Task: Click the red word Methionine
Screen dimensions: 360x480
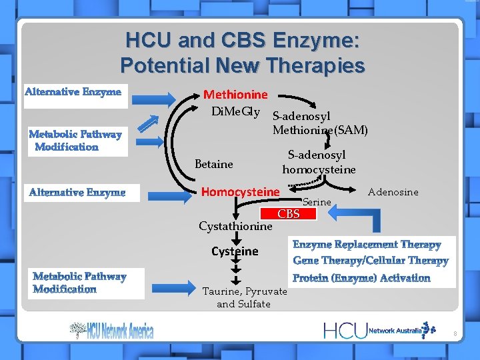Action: (235, 95)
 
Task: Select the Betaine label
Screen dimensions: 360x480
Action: (213, 164)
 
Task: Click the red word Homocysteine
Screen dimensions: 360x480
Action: (240, 192)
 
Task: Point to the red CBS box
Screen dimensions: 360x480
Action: (288, 214)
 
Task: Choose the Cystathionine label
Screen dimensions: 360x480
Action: (235, 226)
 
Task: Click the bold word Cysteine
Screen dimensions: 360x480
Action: (235, 251)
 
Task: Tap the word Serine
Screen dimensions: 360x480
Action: (317, 201)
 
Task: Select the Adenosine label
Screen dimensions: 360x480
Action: (393, 192)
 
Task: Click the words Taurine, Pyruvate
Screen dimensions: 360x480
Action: (244, 291)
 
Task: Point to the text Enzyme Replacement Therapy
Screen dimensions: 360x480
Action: (367, 245)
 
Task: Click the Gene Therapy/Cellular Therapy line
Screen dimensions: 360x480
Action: (370, 261)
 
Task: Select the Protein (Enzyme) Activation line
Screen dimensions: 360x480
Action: (361, 277)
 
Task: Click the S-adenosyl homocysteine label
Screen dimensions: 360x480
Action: (319, 162)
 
